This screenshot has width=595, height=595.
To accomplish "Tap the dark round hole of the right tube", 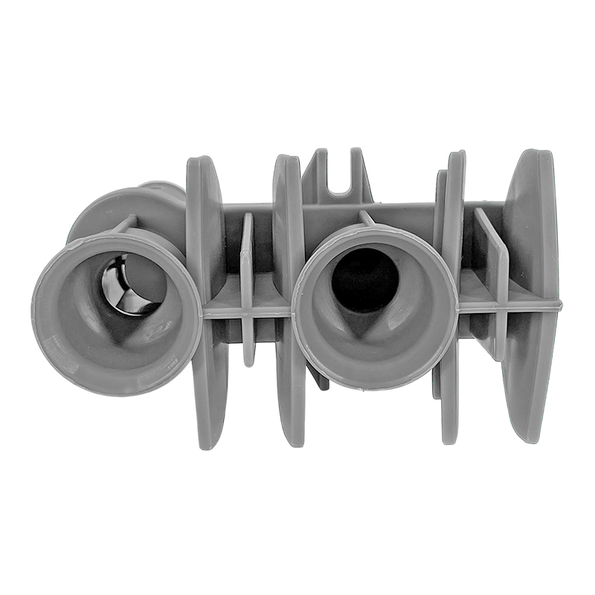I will coord(364,279).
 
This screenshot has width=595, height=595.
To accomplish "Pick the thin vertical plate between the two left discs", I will coord(247,290).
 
